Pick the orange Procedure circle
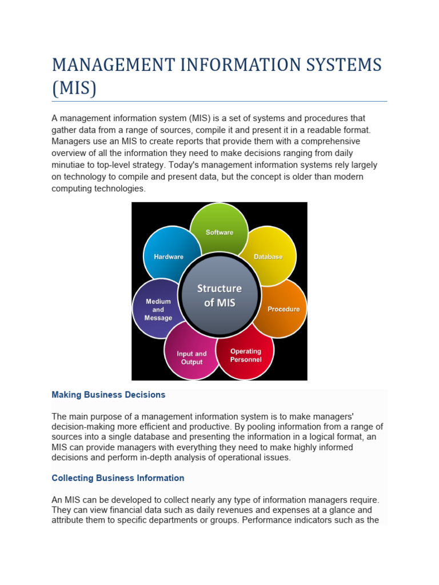point(282,308)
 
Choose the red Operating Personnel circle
point(246,355)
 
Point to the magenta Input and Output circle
point(191,358)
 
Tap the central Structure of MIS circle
point(219,295)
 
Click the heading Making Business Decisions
point(109,395)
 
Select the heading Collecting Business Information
point(118,478)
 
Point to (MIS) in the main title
point(74,89)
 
